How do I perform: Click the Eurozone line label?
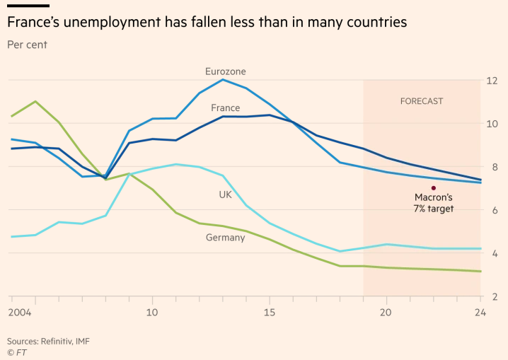225,71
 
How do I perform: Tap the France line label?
225,108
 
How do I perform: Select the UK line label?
225,194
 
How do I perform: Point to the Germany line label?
225,238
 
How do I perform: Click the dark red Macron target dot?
433,188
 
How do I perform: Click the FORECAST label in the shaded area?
422,101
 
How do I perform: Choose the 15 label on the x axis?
269,312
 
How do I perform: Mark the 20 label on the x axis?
386,312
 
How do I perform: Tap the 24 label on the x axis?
480,312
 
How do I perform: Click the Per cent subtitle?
27,45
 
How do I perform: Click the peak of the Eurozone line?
222,79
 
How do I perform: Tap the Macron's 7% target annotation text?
433,203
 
